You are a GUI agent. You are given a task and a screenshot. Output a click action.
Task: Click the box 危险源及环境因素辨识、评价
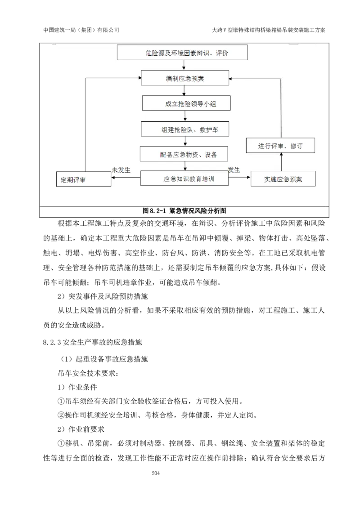pyautogui.click(x=182, y=53)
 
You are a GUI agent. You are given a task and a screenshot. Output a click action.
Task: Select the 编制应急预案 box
pyautogui.click(x=184, y=79)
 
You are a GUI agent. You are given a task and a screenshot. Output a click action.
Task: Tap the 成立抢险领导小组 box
pyautogui.click(x=186, y=103)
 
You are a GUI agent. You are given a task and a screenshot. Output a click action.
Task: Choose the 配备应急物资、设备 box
pyautogui.click(x=184, y=154)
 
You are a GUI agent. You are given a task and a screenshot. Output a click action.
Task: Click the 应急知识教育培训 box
pyautogui.click(x=184, y=179)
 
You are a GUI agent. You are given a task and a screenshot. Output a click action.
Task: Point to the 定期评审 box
pyautogui.click(x=83, y=179)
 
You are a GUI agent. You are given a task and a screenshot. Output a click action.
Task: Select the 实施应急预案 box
pyautogui.click(x=283, y=179)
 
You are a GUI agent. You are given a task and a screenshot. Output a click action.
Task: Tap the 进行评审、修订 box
pyautogui.click(x=280, y=146)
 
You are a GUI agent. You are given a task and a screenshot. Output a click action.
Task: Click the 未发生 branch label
pyautogui.click(x=121, y=170)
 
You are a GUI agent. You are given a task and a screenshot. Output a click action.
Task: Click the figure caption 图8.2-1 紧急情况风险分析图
pyautogui.click(x=184, y=210)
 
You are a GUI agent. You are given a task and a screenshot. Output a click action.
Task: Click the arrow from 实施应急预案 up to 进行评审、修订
pyautogui.click(x=281, y=162)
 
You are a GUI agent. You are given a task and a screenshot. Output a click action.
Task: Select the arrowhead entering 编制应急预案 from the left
pyautogui.click(x=139, y=78)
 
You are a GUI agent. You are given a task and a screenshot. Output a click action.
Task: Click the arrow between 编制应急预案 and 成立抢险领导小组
pyautogui.click(x=184, y=91)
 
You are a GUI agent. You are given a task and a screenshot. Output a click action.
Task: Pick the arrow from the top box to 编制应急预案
pyautogui.click(x=184, y=65)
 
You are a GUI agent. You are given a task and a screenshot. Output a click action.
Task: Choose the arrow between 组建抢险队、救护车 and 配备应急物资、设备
pyautogui.click(x=185, y=142)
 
